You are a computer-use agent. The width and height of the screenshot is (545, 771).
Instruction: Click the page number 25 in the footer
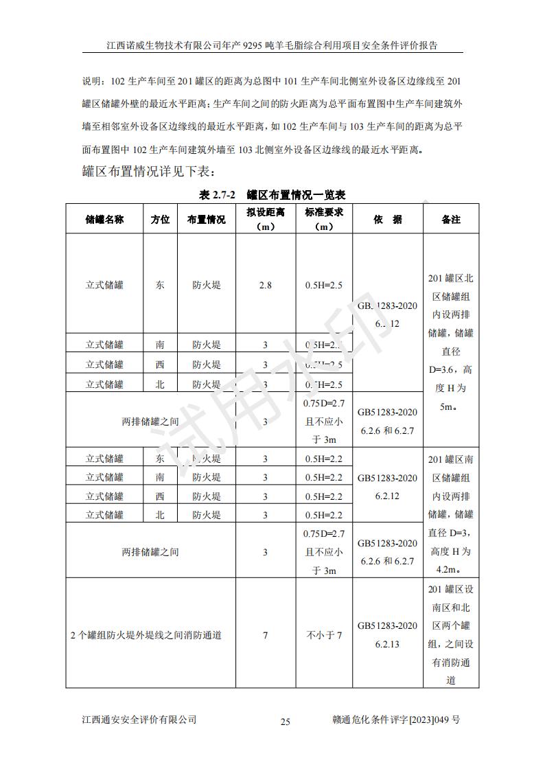click(286, 721)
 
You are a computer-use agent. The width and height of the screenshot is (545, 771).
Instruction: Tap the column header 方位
click(161, 220)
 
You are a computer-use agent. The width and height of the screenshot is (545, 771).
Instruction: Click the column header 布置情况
click(207, 220)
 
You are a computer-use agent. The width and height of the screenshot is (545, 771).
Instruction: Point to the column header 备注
click(451, 220)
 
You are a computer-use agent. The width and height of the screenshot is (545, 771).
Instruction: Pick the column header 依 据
click(388, 220)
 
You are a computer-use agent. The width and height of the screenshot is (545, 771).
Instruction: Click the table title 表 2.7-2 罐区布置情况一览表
click(272, 195)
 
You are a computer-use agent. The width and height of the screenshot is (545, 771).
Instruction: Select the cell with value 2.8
click(266, 285)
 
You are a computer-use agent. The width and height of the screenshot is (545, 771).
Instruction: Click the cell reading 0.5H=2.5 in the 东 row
click(323, 285)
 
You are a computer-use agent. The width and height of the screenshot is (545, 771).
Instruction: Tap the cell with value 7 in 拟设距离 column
click(266, 635)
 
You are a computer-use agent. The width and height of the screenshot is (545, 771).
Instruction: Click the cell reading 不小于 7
click(323, 635)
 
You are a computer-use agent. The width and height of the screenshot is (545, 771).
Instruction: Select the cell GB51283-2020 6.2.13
click(387, 635)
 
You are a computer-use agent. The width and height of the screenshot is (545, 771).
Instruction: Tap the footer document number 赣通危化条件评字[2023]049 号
click(395, 720)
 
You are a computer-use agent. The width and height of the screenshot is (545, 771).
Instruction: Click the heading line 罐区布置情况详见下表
click(150, 170)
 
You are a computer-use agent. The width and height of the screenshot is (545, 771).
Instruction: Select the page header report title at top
click(272, 45)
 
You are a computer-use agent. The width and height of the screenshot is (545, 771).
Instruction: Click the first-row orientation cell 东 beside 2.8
click(161, 285)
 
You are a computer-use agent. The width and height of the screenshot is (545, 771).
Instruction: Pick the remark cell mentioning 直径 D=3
click(451, 514)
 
